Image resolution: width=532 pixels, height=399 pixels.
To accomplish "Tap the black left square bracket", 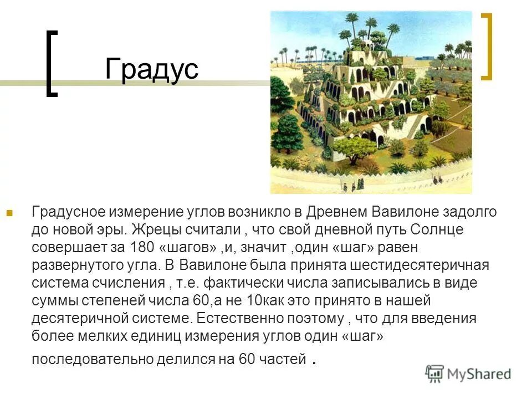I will coord(52,64).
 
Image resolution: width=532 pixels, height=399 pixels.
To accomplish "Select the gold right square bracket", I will coord(487,47).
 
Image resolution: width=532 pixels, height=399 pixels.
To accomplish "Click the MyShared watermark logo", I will coord(468,374).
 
